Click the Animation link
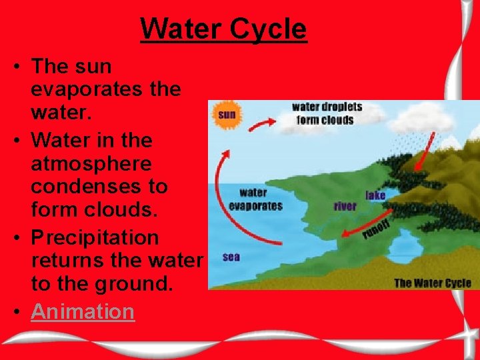(83, 311)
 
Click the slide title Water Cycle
(223, 29)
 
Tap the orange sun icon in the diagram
(227, 115)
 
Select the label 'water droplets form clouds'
(327, 113)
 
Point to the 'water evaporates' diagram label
(255, 199)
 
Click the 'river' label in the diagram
(345, 206)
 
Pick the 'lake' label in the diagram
(375, 195)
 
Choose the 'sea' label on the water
(231, 257)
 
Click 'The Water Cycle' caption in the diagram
(432, 283)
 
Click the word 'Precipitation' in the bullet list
(95, 238)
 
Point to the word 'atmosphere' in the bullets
(91, 164)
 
